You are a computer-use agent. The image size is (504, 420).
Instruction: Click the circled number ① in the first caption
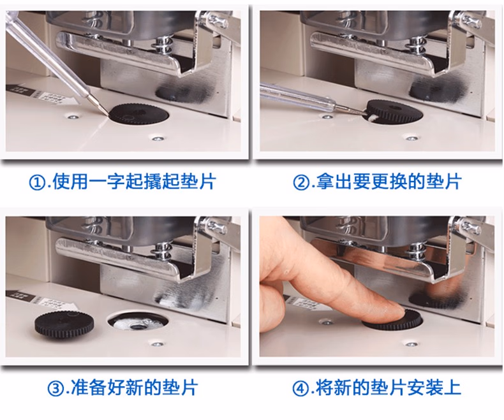37,183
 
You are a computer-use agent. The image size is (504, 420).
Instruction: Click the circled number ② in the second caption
301,183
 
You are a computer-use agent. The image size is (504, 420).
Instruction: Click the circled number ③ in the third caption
55,389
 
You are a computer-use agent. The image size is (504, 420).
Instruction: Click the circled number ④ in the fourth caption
300,389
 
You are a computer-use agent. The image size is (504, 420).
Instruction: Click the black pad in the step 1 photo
139,113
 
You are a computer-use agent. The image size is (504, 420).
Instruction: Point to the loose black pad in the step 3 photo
58,324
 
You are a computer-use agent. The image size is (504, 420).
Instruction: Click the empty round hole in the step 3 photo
137,322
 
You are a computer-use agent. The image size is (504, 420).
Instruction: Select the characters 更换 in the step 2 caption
389,182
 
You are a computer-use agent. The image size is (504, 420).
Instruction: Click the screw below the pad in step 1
158,138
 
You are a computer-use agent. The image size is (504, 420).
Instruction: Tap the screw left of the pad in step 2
327,117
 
